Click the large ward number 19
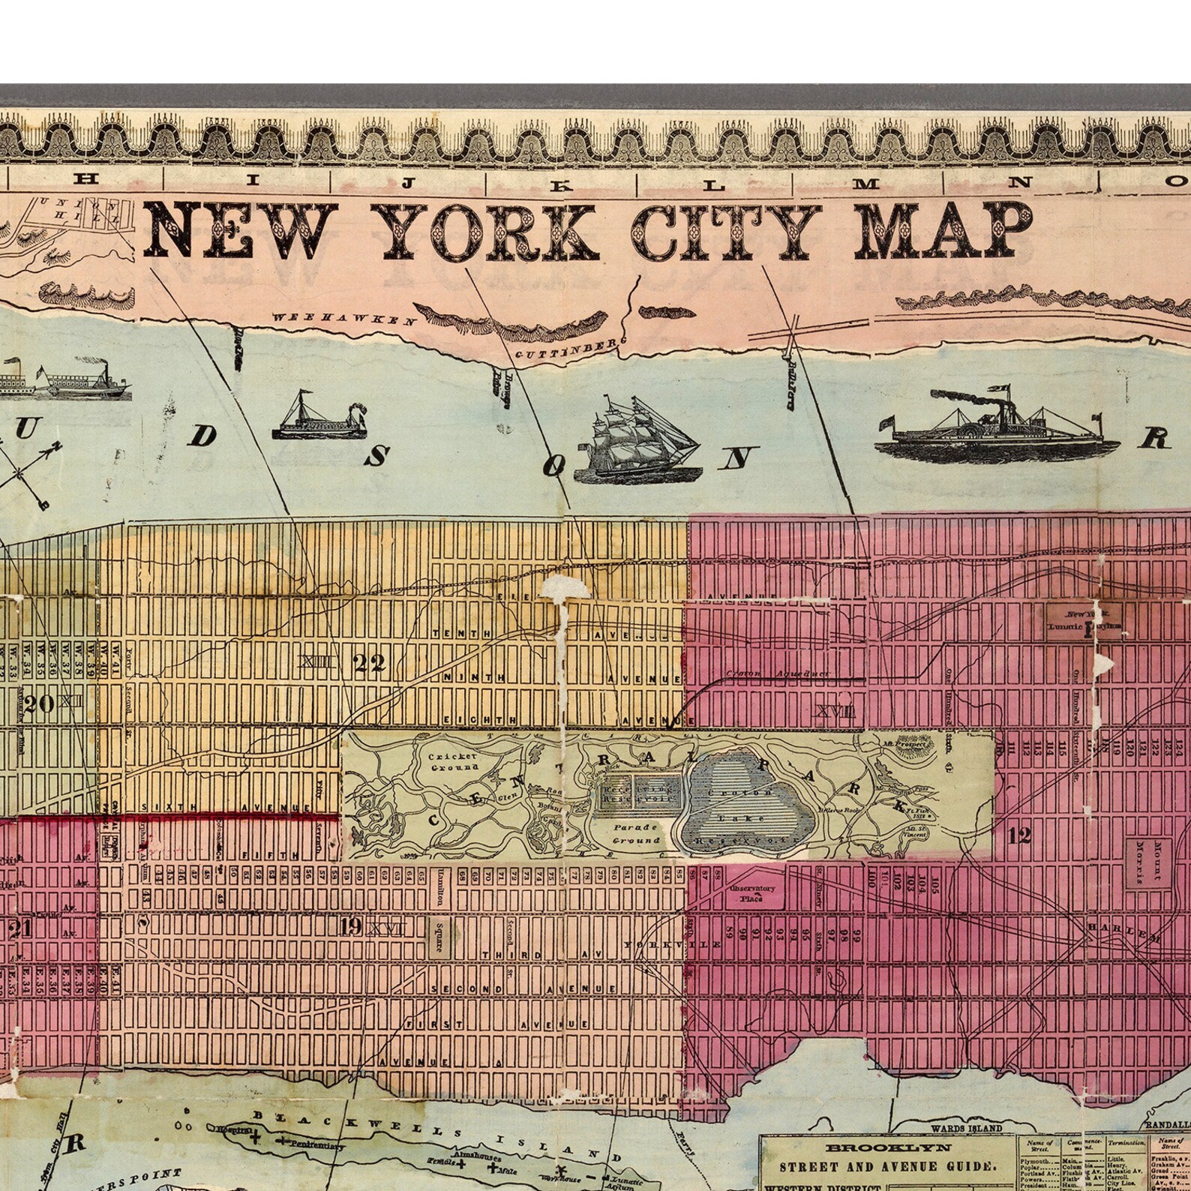pyautogui.click(x=349, y=927)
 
